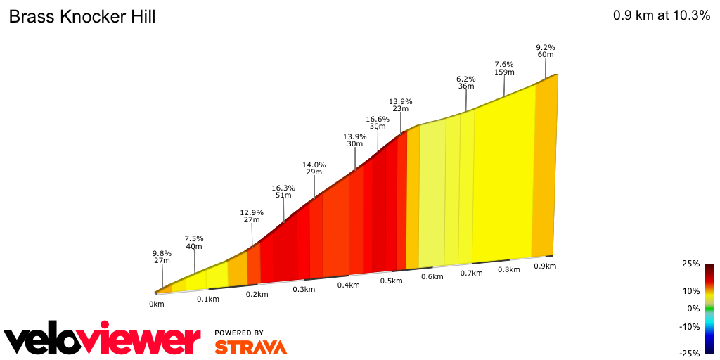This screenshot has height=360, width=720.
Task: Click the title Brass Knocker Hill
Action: tap(82, 17)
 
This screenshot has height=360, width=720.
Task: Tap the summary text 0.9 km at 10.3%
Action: tap(662, 16)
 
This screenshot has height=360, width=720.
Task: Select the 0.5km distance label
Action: tap(391, 281)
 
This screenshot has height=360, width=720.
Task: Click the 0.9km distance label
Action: tap(545, 266)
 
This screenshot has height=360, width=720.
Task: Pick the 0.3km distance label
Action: tap(303, 290)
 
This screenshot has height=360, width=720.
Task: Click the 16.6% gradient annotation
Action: tap(378, 123)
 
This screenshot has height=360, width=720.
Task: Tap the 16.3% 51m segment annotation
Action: tap(283, 192)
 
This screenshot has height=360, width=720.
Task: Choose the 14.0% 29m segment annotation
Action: tap(314, 168)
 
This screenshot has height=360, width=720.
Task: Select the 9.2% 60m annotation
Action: tap(546, 51)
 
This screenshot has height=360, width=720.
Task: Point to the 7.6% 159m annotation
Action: tap(504, 67)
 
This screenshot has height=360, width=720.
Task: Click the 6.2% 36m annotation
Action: tap(466, 82)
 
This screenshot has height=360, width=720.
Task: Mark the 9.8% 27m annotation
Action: tap(162, 257)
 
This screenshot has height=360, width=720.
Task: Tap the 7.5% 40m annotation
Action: tap(194, 242)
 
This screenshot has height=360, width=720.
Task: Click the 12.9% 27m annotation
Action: tap(251, 216)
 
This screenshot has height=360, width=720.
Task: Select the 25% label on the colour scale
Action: tap(691, 264)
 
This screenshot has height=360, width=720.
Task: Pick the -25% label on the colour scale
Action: tap(690, 353)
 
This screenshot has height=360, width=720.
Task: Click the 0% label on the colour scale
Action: tap(693, 308)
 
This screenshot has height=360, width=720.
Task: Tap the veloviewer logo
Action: tap(103, 340)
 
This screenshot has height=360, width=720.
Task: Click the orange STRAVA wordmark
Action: tap(250, 347)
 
